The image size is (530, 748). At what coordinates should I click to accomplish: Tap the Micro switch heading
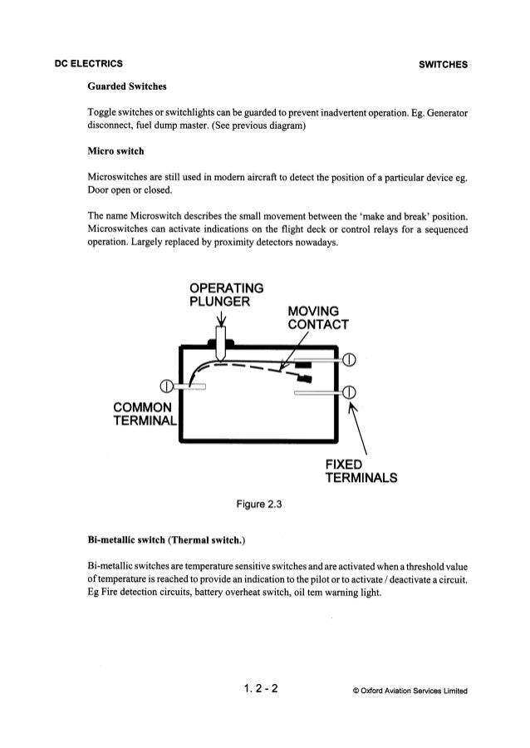(x=117, y=152)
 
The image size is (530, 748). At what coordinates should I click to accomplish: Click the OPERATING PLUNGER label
(x=227, y=294)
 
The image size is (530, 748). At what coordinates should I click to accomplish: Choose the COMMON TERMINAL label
(x=143, y=413)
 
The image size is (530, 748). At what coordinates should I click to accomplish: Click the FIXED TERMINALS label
(x=361, y=470)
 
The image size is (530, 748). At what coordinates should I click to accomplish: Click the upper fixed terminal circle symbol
(x=349, y=360)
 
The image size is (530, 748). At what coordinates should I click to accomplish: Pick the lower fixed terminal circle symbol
(x=349, y=392)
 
